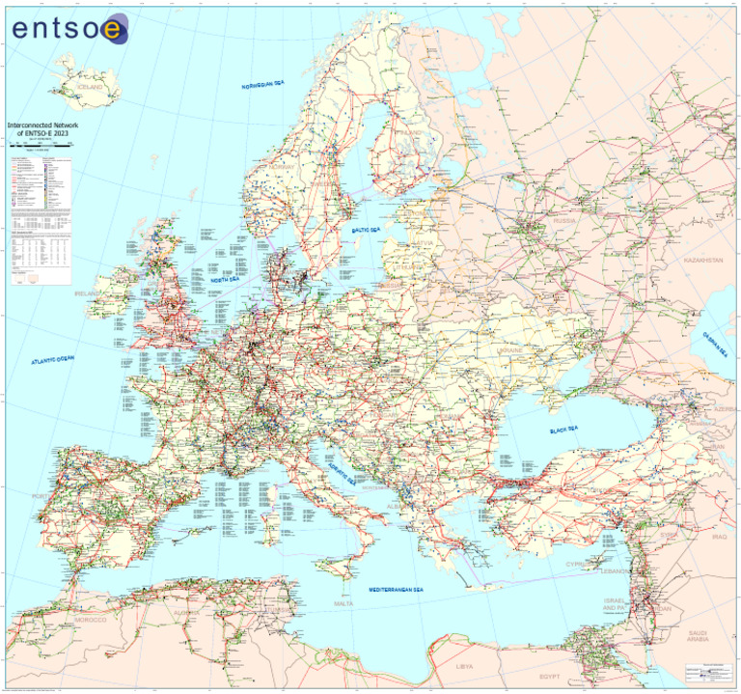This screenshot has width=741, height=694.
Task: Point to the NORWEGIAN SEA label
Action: pos(263,85)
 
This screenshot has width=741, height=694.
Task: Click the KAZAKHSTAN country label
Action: pos(702,261)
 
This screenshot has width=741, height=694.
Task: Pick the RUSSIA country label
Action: pos(564,222)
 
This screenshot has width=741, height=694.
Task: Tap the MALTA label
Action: pos(343,603)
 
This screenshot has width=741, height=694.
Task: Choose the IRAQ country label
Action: pos(721,536)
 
